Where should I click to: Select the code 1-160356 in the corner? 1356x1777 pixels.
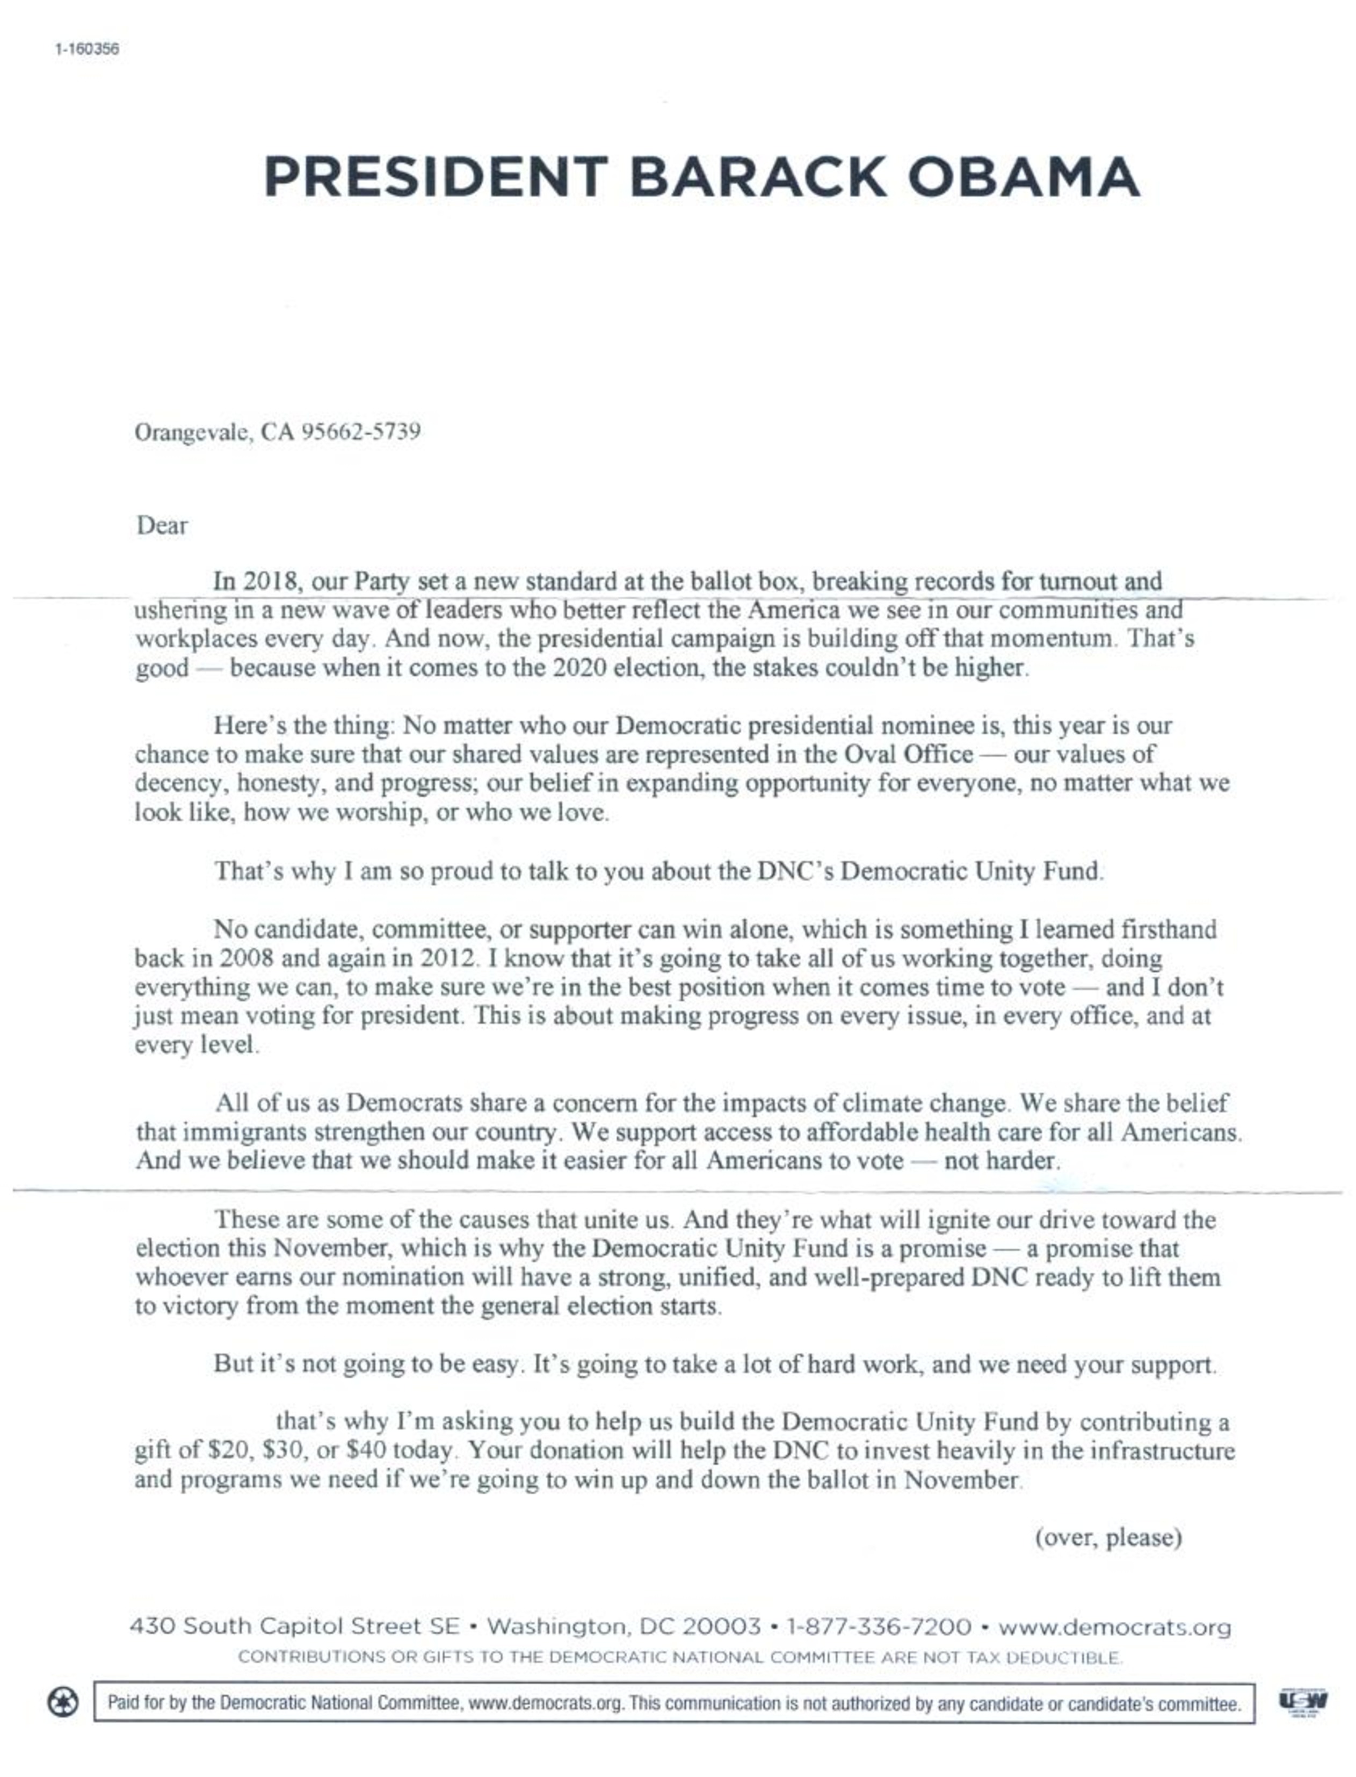87,49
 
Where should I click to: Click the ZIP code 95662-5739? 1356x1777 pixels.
361,432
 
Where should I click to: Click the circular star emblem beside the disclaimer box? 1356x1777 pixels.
63,1703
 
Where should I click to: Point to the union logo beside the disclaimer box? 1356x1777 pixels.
1303,1702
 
